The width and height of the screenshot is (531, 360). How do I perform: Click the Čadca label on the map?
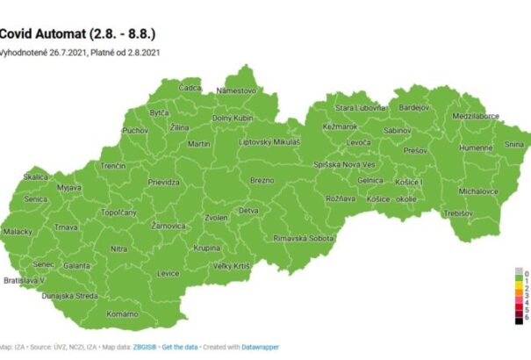coord(190,88)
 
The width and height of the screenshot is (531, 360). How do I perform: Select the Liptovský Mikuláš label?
coord(269,141)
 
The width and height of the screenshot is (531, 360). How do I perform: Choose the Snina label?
coord(513,144)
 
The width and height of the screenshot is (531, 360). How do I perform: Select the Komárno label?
coord(122,313)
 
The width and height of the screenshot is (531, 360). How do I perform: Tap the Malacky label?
coord(18,231)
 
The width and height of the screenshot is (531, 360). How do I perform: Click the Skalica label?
coord(36,176)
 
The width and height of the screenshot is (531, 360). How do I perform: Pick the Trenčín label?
coord(112,165)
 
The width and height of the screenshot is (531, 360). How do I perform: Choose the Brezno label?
coord(262,179)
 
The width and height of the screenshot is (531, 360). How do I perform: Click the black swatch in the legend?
coord(519,321)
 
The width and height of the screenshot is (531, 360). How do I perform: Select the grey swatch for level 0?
coord(519,272)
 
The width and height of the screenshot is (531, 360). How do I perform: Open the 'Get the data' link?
coord(182,348)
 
